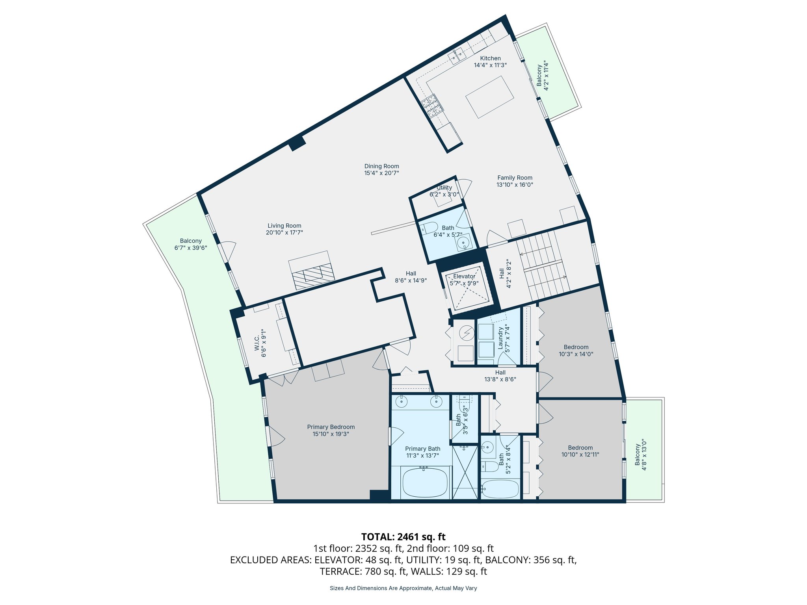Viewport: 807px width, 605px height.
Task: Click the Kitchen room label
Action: click(x=490, y=58)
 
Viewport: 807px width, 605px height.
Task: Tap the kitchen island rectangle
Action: click(x=489, y=97)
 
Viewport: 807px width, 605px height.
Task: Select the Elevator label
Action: click(x=464, y=277)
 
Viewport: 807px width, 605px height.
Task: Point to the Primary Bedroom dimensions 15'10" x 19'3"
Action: click(x=331, y=434)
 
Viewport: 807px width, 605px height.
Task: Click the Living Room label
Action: click(x=284, y=226)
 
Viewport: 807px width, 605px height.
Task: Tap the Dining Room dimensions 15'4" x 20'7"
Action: click(x=381, y=173)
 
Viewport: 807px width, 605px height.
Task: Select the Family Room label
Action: click(x=515, y=178)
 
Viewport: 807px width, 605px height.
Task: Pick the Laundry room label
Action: click(x=500, y=338)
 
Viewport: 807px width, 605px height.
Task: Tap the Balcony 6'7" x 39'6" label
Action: click(x=191, y=241)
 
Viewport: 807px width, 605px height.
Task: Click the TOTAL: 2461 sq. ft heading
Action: click(x=403, y=536)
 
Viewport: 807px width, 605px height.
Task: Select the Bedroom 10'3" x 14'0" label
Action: click(x=576, y=347)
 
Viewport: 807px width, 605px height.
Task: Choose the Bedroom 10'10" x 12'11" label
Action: click(x=580, y=447)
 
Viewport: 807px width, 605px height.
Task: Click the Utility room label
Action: click(x=444, y=187)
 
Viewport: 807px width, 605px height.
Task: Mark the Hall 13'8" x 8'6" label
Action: click(x=500, y=372)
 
